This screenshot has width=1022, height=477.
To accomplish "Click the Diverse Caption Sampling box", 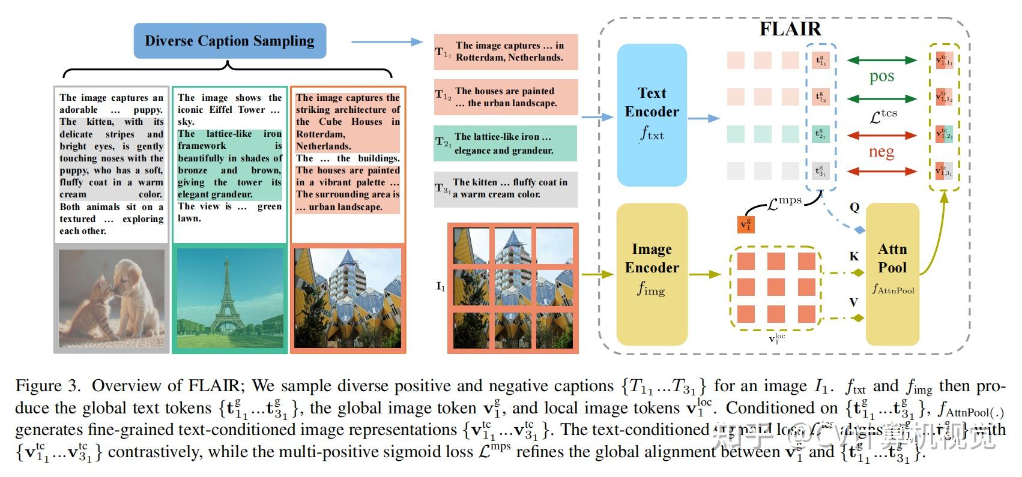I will coord(229,41).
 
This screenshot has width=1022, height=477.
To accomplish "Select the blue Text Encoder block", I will coord(652,115).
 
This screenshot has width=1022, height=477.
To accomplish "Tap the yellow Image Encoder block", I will coord(652,274).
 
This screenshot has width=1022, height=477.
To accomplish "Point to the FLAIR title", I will coord(790,29).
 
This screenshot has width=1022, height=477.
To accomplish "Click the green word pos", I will coord(881,77).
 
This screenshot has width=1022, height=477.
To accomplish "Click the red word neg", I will coord(881,152).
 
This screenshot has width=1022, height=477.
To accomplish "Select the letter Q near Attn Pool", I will coord(854,208).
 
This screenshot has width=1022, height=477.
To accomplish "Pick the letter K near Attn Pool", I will coord(854,257).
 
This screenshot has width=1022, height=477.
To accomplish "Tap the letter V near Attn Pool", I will coord(854,302).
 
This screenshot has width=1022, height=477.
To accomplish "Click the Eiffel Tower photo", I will coord(229,299).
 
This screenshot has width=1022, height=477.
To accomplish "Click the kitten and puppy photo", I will coord(111,299).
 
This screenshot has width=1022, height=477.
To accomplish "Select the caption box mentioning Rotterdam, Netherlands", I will coord(506,52).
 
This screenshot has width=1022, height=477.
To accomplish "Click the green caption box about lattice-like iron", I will coord(506,143).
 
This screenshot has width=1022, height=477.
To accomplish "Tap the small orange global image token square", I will coord(746,225).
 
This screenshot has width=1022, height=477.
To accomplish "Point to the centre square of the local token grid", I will coord(775,287).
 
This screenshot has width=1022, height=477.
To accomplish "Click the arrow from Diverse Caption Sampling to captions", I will coord(387,41).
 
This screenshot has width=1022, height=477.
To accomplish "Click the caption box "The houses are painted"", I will coord(506,97).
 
